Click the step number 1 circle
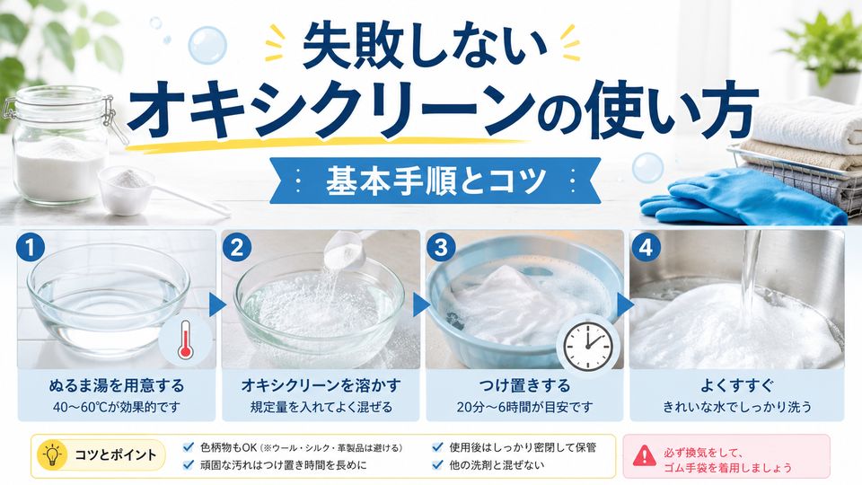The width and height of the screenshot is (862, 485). (31, 247)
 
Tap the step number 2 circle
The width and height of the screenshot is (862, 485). (237, 247)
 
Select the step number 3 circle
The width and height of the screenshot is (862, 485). (441, 247)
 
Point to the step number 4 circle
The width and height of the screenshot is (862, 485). (646, 247)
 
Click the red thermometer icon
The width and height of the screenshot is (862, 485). (185, 339)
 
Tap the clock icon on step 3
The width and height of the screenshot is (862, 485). (589, 345)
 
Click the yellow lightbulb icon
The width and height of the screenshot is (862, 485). (52, 454)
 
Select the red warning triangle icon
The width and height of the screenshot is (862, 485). (644, 456)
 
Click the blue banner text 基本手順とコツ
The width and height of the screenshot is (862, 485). (435, 181)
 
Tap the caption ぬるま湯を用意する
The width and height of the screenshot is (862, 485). (117, 385)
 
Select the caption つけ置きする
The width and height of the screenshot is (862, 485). (524, 385)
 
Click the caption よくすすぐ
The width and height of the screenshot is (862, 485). (736, 385)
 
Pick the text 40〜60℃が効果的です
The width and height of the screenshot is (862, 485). (117, 408)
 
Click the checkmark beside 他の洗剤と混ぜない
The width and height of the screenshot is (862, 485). (437, 464)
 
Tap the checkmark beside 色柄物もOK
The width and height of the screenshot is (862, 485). (189, 446)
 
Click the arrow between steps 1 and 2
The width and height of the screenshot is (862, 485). (217, 305)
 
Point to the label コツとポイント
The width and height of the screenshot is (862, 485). (116, 454)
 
